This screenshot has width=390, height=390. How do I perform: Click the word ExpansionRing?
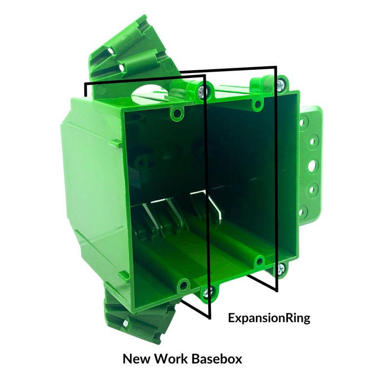(x=269, y=319)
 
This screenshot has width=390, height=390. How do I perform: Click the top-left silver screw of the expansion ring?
(x=204, y=89)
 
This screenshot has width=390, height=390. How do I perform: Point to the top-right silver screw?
(x=281, y=84)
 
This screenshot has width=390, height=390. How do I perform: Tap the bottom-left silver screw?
(x=208, y=292)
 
